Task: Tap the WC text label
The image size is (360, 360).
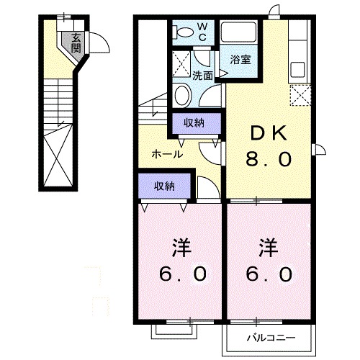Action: pyautogui.click(x=202, y=32)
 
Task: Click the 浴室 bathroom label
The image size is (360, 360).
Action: pyautogui.click(x=240, y=60)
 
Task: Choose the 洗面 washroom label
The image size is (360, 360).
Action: pyautogui.click(x=203, y=75)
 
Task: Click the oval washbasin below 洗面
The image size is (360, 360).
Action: pyautogui.click(x=182, y=94)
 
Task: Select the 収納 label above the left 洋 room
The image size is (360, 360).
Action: pyautogui.click(x=164, y=186)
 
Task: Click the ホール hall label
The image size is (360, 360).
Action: pyautogui.click(x=166, y=154)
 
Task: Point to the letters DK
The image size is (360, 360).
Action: pyautogui.click(x=270, y=133)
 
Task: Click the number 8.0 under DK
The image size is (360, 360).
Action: pyautogui.click(x=270, y=160)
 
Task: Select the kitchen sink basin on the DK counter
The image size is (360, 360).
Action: pyautogui.click(x=297, y=72)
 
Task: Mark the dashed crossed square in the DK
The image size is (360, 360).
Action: pyautogui.click(x=299, y=94)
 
